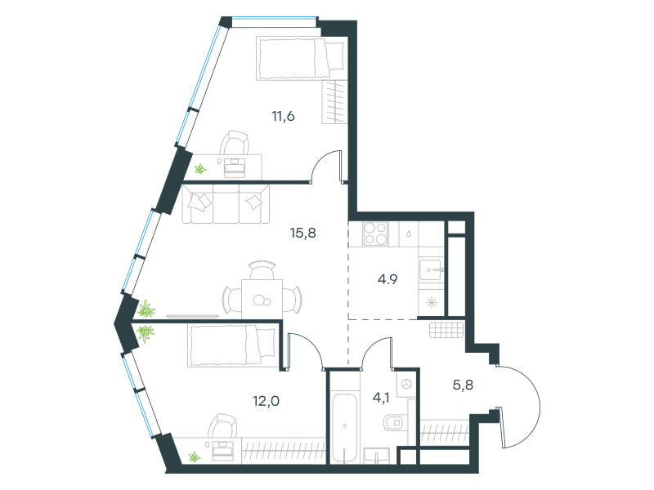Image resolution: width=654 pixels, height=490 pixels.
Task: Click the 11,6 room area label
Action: tap(283, 116)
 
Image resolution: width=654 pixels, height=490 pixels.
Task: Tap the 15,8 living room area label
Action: tap(302, 233)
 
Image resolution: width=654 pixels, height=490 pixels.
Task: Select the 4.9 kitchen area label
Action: tap(387, 279)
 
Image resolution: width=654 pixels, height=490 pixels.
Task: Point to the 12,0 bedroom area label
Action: tap(267, 401)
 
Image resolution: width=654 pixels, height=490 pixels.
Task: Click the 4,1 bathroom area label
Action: tap(381, 398)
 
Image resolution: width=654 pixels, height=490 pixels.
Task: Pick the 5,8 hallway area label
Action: tap(463, 385)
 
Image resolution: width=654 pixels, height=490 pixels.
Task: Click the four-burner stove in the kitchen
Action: tap(375, 234)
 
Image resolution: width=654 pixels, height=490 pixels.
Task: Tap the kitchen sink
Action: tap(431, 269)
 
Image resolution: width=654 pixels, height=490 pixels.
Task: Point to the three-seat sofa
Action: tap(226, 204)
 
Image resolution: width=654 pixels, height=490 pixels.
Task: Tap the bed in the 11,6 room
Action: tap(302, 58)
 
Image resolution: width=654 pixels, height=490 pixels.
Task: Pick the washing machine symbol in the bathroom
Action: tap(406, 384)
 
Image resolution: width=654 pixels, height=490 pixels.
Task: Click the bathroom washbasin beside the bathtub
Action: tap(377, 456)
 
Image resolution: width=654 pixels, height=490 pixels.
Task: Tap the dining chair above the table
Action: tap(262, 270)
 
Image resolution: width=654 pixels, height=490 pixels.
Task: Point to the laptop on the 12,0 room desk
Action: tap(222, 450)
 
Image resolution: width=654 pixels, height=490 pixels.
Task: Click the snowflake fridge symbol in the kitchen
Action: tap(432, 302)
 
